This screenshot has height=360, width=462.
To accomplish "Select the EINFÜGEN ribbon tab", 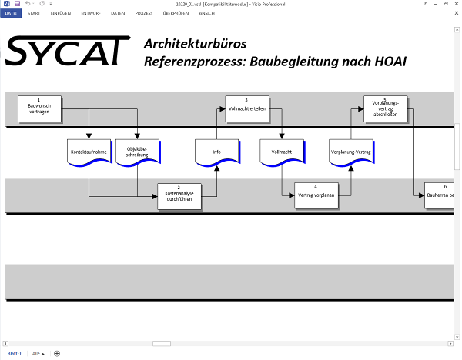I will point(61,14).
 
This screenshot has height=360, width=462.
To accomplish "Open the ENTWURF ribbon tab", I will point(90,14).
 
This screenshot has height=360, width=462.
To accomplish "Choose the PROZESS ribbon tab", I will point(144,14).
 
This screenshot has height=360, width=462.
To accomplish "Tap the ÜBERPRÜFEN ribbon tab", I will point(176,14).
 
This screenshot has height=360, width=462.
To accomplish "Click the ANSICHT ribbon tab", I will point(208,14).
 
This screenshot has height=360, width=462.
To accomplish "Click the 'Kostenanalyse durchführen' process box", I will point(179,195).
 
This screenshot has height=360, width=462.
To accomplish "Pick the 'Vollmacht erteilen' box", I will point(246,108).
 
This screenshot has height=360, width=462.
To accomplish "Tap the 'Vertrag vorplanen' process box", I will point(316,195).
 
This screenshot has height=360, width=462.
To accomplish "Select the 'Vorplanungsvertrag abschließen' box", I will point(385,108).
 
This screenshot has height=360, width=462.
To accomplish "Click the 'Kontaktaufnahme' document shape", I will point(89,152).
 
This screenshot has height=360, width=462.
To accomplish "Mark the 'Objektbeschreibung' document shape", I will point(137,152).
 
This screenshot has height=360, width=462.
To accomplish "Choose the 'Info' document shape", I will point(217,152).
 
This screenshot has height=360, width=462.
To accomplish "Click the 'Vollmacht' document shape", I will point(282,152).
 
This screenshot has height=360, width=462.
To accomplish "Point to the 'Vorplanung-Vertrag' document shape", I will point(351,152).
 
